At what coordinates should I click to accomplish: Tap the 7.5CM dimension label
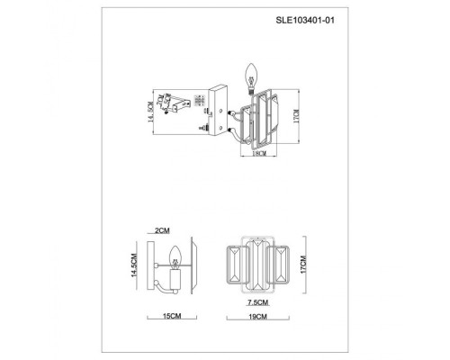pos(258,304)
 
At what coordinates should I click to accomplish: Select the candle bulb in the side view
pos(175,249)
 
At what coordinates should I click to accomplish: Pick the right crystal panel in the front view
pos(283,266)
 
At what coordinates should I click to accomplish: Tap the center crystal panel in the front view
pos(258,266)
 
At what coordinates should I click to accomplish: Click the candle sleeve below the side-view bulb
pos(175,266)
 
